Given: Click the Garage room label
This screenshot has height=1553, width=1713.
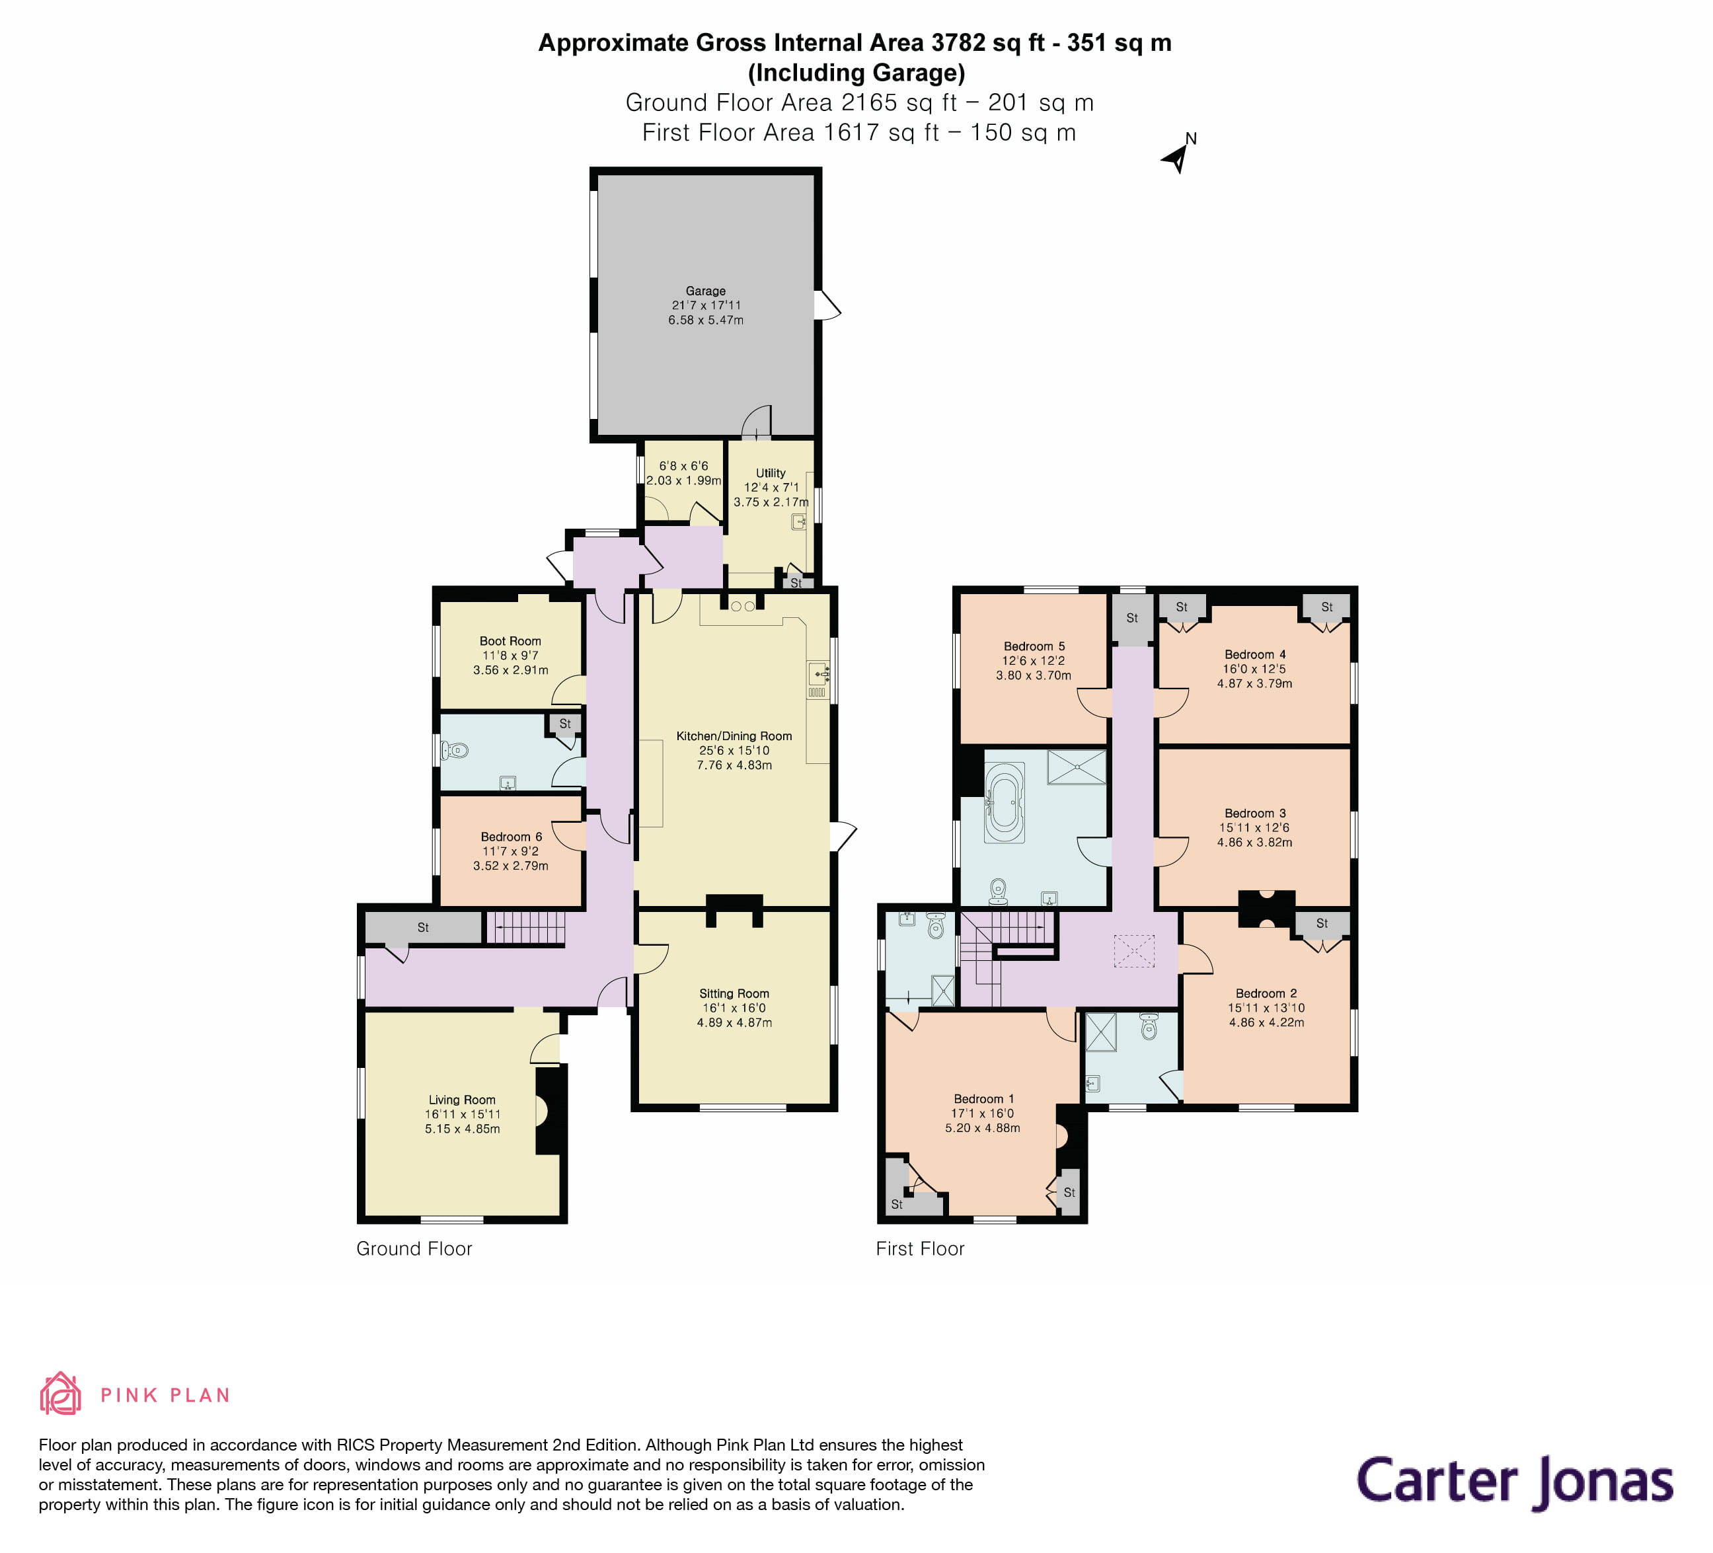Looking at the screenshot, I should click(x=705, y=291).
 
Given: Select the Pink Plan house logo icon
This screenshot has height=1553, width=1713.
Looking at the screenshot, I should click(x=60, y=1392).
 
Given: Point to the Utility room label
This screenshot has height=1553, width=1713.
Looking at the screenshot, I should click(x=770, y=473).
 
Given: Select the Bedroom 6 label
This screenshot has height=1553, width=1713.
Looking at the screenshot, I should click(x=511, y=837).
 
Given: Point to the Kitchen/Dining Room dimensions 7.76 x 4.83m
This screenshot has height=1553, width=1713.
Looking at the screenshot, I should click(x=734, y=765).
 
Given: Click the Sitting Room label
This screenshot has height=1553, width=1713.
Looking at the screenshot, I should click(x=734, y=993).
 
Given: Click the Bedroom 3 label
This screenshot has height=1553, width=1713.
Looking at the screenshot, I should click(x=1254, y=813).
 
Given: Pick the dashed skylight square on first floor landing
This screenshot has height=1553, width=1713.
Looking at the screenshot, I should click(x=1133, y=951).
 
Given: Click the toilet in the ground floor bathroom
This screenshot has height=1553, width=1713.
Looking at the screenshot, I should click(x=455, y=750).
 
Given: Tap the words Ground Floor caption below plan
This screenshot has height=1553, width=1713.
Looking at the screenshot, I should click(x=414, y=1248).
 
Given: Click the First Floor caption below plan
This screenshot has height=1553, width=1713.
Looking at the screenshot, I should click(x=920, y=1248).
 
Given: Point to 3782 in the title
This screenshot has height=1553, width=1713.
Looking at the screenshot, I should click(x=958, y=42).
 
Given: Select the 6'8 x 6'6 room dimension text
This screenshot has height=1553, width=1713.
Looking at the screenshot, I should click(x=683, y=465).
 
